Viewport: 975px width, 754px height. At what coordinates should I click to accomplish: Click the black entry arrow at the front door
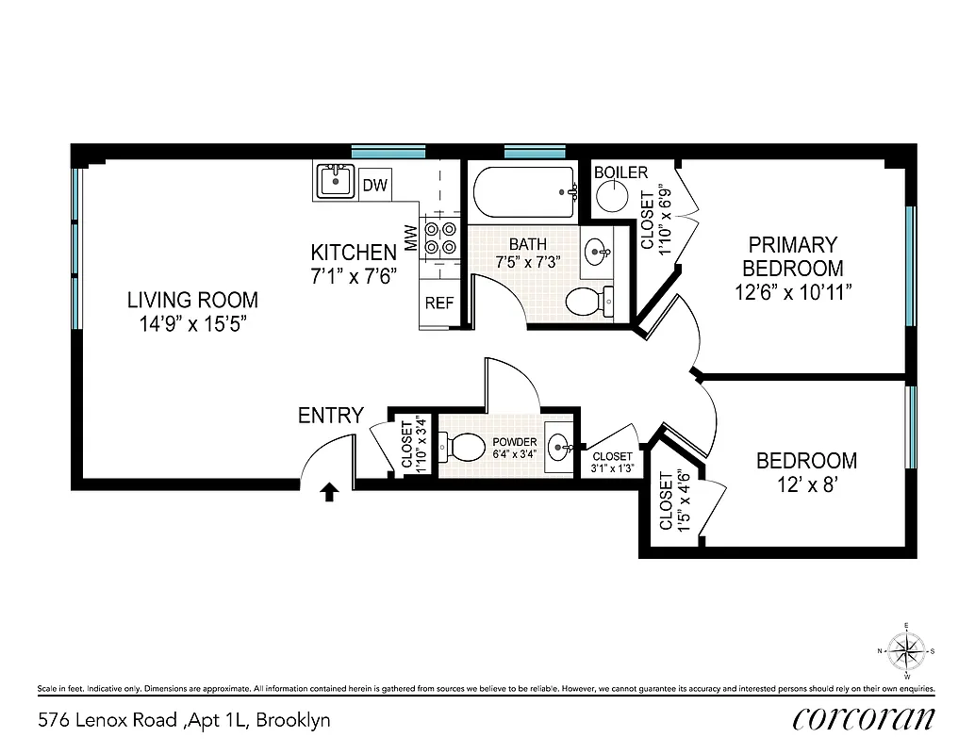pos(329,492)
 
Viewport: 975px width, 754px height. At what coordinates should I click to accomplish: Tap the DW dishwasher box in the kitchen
pos(375,186)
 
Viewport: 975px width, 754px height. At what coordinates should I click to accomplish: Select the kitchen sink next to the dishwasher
pos(334,179)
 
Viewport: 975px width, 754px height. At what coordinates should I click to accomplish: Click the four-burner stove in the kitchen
pos(439,238)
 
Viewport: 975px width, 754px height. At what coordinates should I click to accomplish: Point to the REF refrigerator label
pos(439,303)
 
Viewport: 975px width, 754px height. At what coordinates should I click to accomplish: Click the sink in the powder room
pos(559,445)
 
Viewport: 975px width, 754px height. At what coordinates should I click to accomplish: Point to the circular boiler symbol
pos(613,197)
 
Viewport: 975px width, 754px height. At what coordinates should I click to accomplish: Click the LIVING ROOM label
pos(192,301)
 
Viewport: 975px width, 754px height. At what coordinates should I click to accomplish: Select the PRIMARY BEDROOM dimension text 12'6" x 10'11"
pos(793,292)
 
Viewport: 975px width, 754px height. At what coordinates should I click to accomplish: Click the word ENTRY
pos(330,416)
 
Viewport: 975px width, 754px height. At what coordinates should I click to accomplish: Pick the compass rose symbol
pos(906,650)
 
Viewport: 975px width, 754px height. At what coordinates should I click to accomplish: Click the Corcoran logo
pos(864,719)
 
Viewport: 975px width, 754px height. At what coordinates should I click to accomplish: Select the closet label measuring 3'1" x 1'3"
pos(612,462)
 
